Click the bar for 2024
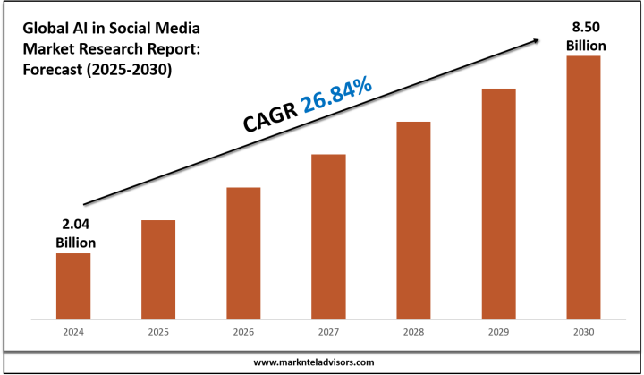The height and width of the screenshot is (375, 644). coord(73,286)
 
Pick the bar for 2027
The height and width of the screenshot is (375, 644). coord(328,236)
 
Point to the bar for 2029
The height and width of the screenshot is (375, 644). coord(499,203)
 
